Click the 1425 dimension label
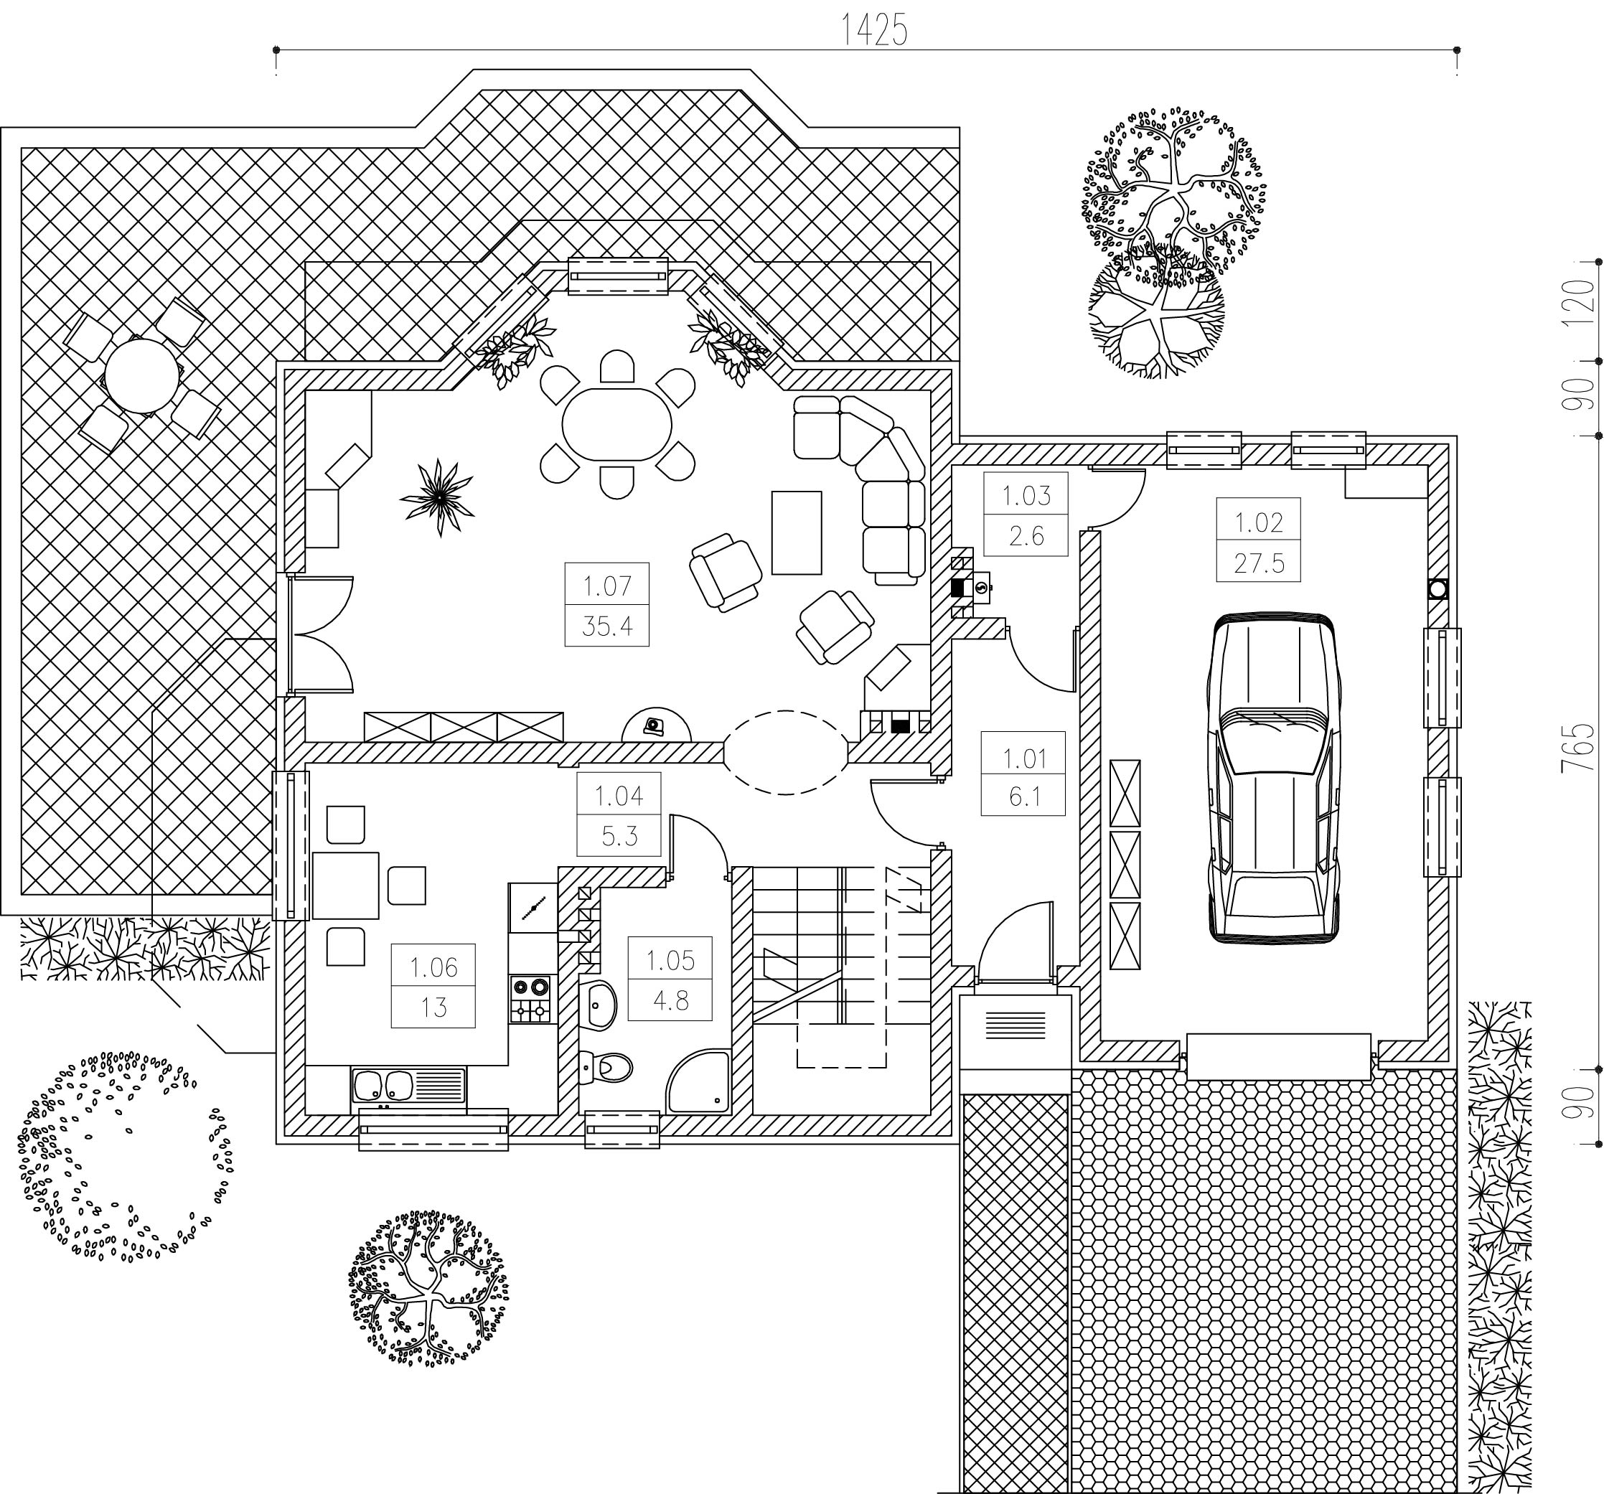pos(875,31)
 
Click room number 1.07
pos(606,586)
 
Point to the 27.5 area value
pos(1259,563)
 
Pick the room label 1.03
pos(1026,495)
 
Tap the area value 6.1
pos(1024,797)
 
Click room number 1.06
pos(433,967)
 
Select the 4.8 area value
pos(670,1000)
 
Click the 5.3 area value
pos(619,836)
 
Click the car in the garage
pos(1273,778)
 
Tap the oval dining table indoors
pos(617,424)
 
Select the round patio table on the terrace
pos(142,375)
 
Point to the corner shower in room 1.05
pos(699,1081)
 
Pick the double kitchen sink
pos(408,1085)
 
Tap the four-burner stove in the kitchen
pos(530,1000)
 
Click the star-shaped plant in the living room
pos(438,498)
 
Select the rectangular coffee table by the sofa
pos(797,532)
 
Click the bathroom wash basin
pos(599,1005)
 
